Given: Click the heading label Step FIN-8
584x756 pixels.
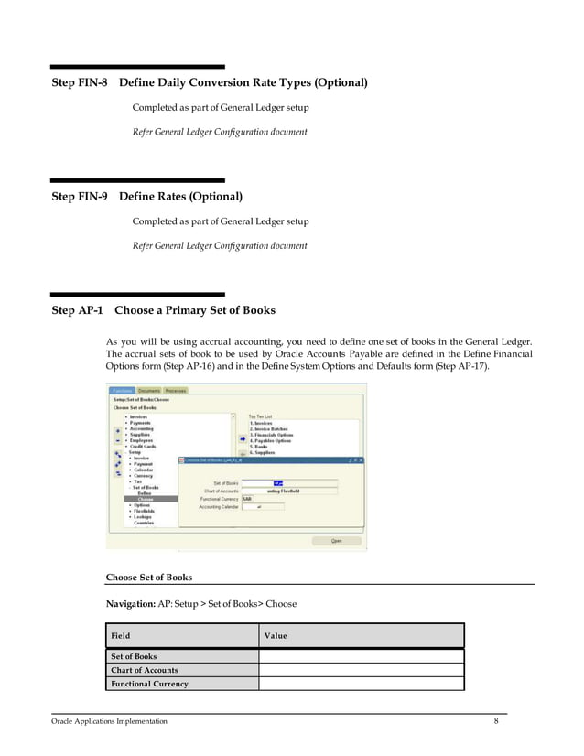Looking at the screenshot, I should [x=80, y=83].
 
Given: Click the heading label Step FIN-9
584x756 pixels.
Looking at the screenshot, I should [x=80, y=197].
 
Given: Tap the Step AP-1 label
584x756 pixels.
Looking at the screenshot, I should [x=75, y=310].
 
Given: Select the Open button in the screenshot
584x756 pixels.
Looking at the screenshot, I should [x=336, y=541].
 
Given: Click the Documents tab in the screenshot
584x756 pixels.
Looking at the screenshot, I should [x=149, y=391].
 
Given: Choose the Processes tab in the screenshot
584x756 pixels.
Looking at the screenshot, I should [x=176, y=391].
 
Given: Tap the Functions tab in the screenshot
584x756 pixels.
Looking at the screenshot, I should [x=123, y=391].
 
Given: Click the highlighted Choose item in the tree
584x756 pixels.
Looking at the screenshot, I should [x=146, y=499].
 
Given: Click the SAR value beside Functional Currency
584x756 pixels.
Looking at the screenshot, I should [x=248, y=498].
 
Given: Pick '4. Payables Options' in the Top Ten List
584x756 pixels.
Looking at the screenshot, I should [x=270, y=440].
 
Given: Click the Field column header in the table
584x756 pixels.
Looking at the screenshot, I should [x=120, y=635].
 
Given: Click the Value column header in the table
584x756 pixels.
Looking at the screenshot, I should [x=276, y=635].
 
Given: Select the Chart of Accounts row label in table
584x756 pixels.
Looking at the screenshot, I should [x=144, y=670].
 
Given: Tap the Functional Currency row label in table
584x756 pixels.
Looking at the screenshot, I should [x=149, y=684].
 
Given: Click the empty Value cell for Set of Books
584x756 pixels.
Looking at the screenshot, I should [x=361, y=656].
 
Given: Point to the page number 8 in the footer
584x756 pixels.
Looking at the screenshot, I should [x=496, y=721].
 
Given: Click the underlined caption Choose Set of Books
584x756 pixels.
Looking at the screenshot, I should [x=149, y=578].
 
